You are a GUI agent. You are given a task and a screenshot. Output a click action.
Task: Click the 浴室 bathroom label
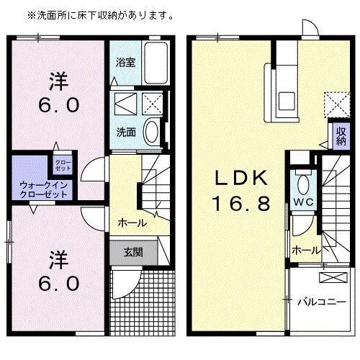[125, 62]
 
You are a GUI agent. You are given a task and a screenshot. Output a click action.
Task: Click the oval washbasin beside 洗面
[153, 130]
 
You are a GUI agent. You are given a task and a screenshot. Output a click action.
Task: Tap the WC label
[302, 202]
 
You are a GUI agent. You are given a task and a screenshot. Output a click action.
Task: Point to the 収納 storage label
[341, 136]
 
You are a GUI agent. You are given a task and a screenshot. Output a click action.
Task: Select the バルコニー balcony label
[320, 302]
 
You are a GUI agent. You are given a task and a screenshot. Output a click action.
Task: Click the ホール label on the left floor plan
[132, 223]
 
